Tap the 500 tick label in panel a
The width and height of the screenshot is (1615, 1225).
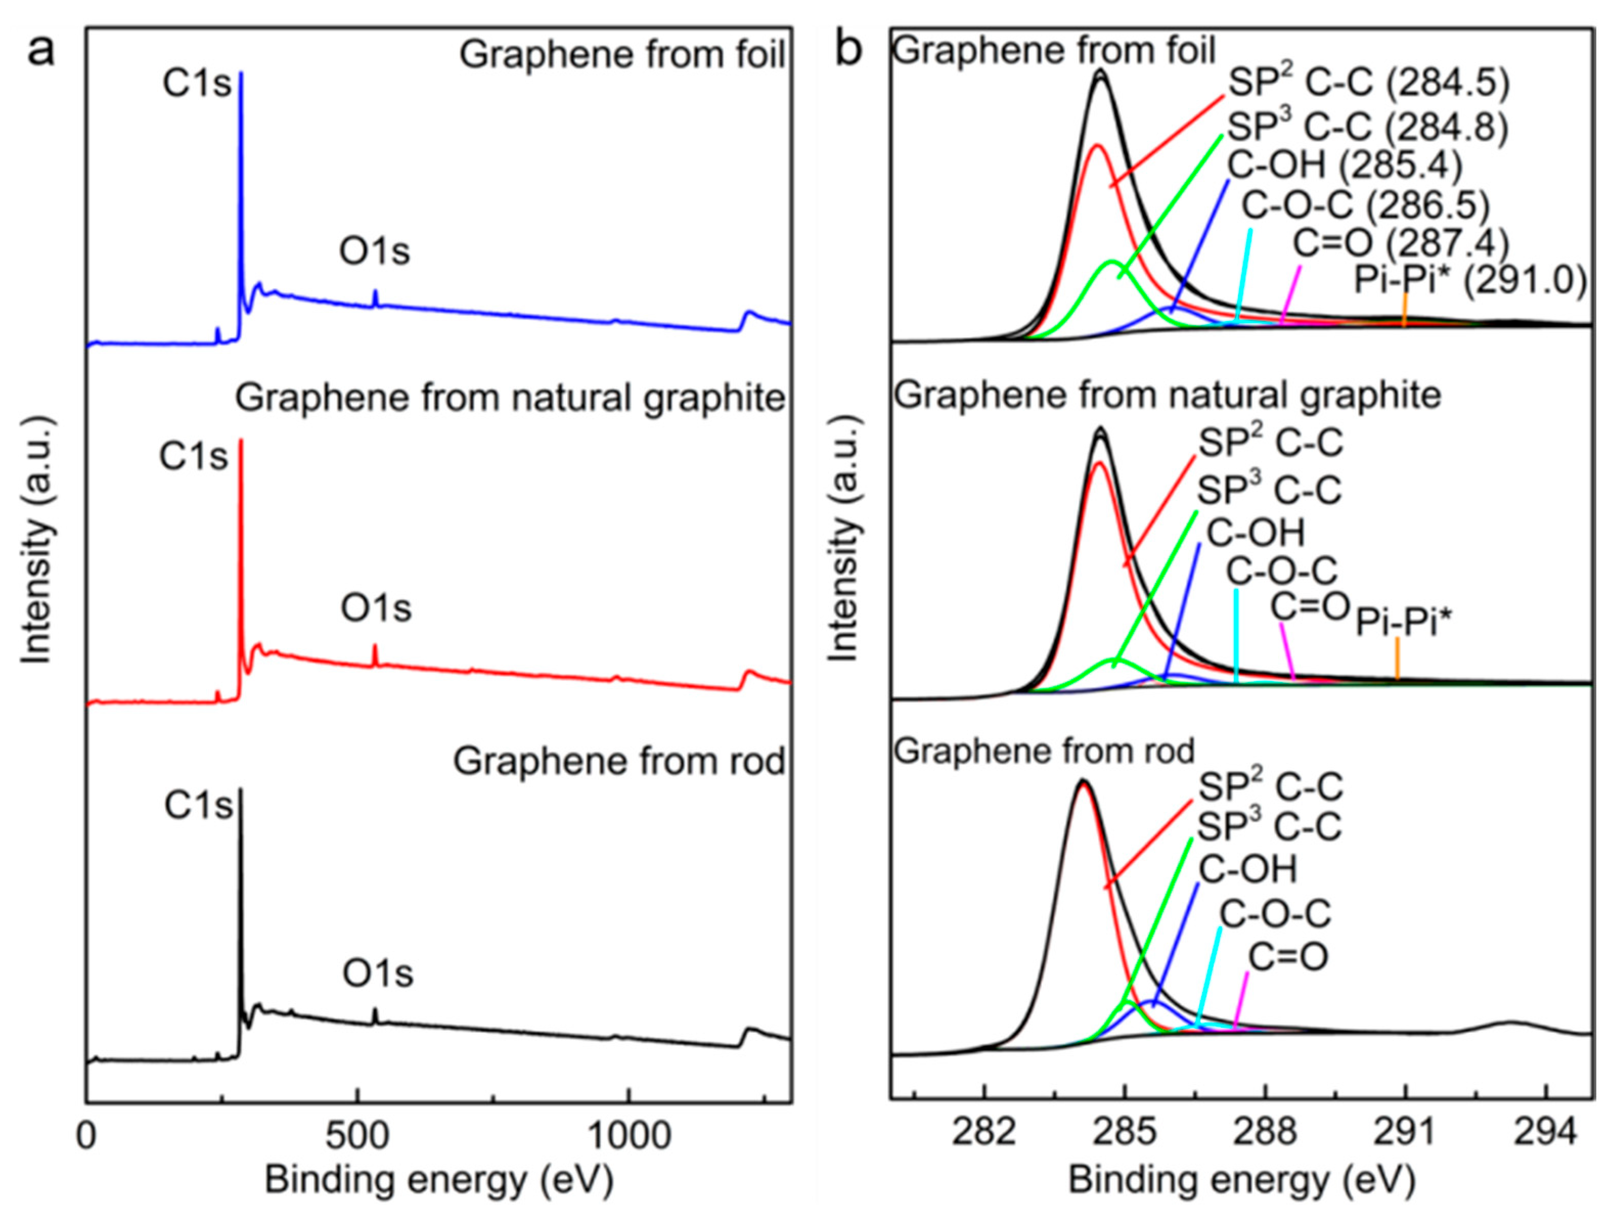tap(356, 1137)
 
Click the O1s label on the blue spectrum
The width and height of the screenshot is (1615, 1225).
tap(374, 252)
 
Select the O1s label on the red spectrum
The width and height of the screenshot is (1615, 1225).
tap(376, 608)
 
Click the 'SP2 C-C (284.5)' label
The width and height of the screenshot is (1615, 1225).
tap(1368, 83)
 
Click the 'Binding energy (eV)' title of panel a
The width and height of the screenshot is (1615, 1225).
tap(439, 1181)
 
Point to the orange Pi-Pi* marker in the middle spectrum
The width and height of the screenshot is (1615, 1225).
tap(1397, 659)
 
